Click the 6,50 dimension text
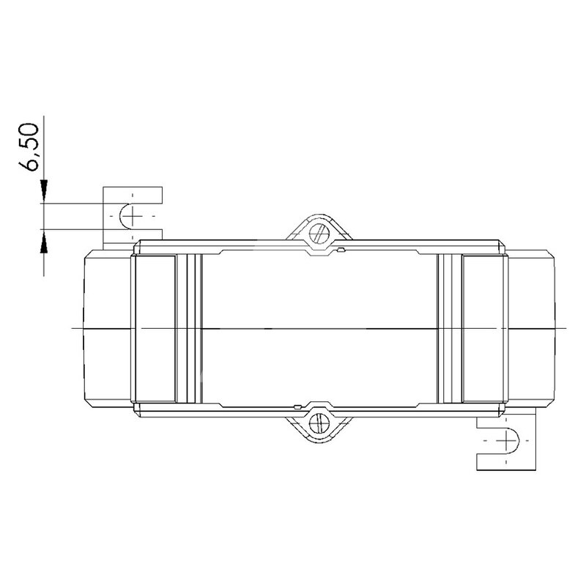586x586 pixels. (29, 147)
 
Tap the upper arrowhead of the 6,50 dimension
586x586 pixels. (44, 191)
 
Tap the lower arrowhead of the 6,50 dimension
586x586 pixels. (44, 241)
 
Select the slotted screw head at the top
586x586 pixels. (319, 233)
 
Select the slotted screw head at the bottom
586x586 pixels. (319, 423)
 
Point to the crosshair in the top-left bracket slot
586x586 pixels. (132, 216)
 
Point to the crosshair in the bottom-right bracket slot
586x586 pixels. (506, 440)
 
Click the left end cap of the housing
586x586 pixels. (108, 328)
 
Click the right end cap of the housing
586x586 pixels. (530, 328)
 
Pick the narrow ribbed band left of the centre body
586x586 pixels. (189, 328)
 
